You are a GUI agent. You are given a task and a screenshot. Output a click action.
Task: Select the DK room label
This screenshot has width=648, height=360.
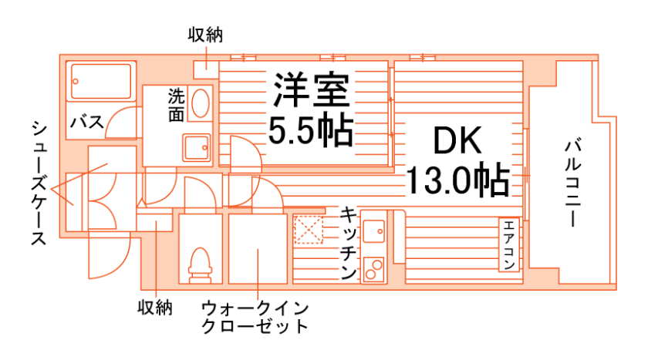pyautogui.click(x=457, y=142)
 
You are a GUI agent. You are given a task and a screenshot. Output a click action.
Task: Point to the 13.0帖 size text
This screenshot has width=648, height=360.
pyautogui.click(x=457, y=181)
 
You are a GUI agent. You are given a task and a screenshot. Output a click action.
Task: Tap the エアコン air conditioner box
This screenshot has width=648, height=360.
pyautogui.click(x=510, y=244)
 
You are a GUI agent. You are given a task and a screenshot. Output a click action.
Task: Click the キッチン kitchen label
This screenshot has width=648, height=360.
pyautogui.click(x=348, y=244)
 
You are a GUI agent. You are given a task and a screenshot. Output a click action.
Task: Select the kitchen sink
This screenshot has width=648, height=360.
pyautogui.click(x=374, y=230)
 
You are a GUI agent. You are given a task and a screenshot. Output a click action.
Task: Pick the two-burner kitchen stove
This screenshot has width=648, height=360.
pyautogui.click(x=374, y=268)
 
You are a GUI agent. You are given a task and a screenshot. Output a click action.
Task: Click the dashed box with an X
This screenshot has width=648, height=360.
pyautogui.click(x=310, y=230)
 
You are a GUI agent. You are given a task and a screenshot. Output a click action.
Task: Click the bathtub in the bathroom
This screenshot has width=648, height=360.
pyautogui.click(x=101, y=81)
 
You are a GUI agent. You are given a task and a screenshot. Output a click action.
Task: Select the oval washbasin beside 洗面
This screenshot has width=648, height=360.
pyautogui.click(x=200, y=104)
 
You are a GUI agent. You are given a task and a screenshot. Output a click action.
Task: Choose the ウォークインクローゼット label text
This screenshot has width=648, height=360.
pyautogui.click(x=255, y=317)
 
